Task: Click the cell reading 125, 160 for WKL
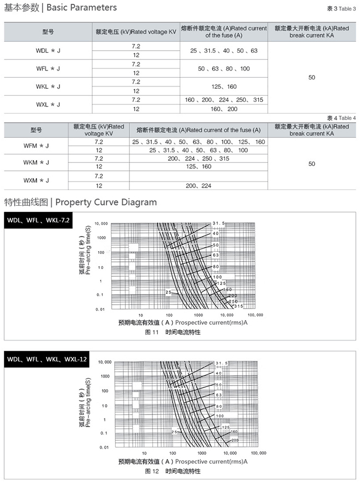click(224, 86)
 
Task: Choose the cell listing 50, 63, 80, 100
click(224, 68)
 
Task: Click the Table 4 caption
click(341, 118)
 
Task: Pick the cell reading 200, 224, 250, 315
click(198, 159)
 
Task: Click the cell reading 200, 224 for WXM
click(198, 185)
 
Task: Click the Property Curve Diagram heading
click(80, 202)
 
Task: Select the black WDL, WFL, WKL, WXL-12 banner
click(47, 360)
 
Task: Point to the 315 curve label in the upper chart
click(238, 306)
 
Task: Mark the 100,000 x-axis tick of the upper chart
click(255, 315)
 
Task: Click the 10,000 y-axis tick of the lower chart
click(104, 362)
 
